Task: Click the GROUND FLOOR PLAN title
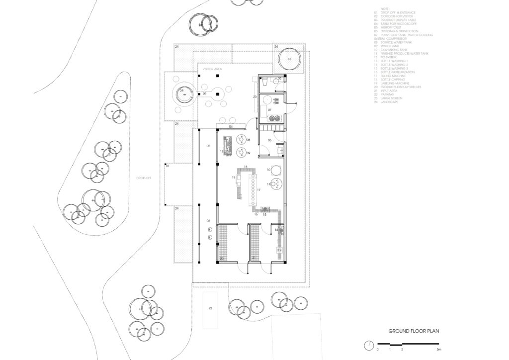pyautogui.click(x=414, y=331)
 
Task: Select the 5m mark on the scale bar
pyautogui.click(x=438, y=350)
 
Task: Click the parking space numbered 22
pyautogui.click(x=210, y=308)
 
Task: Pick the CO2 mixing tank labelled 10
pyautogui.click(x=276, y=170)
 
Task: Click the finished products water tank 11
pyautogui.click(x=276, y=184)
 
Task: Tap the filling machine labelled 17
pyautogui.click(x=253, y=189)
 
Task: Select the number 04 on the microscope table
pyautogui.click(x=231, y=127)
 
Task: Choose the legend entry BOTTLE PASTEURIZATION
pyautogui.click(x=396, y=72)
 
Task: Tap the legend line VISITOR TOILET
pyautogui.click(x=391, y=27)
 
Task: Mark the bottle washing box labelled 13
pyautogui.click(x=279, y=250)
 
